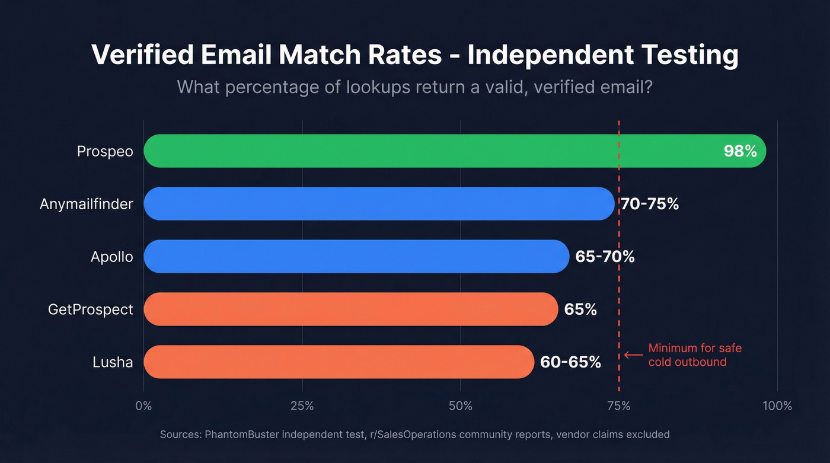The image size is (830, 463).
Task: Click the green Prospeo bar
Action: coord(415,151)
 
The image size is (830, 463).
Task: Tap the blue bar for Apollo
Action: coord(356,257)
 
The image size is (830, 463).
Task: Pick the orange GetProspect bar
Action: coord(350,309)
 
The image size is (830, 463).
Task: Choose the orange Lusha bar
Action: coord(338,362)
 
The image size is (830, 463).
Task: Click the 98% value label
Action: coord(740,151)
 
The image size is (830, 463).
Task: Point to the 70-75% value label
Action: coord(650,204)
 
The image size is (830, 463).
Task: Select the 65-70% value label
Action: coord(605,257)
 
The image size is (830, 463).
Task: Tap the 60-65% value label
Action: coord(570,362)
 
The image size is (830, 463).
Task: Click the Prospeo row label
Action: coord(105,152)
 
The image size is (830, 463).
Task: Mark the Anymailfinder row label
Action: coord(87,204)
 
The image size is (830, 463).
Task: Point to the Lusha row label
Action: coord(113,362)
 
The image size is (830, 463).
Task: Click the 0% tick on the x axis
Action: coord(143,406)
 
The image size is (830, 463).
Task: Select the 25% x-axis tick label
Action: coord(302,406)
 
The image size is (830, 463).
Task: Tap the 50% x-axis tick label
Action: coord(461,406)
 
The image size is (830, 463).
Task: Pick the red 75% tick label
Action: coord(619,406)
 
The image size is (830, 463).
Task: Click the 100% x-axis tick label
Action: coord(777,406)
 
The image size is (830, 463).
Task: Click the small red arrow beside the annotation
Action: coord(633,355)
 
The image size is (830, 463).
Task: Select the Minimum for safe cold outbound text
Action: coord(695,355)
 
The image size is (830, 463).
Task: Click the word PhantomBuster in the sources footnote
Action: coord(242,435)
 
